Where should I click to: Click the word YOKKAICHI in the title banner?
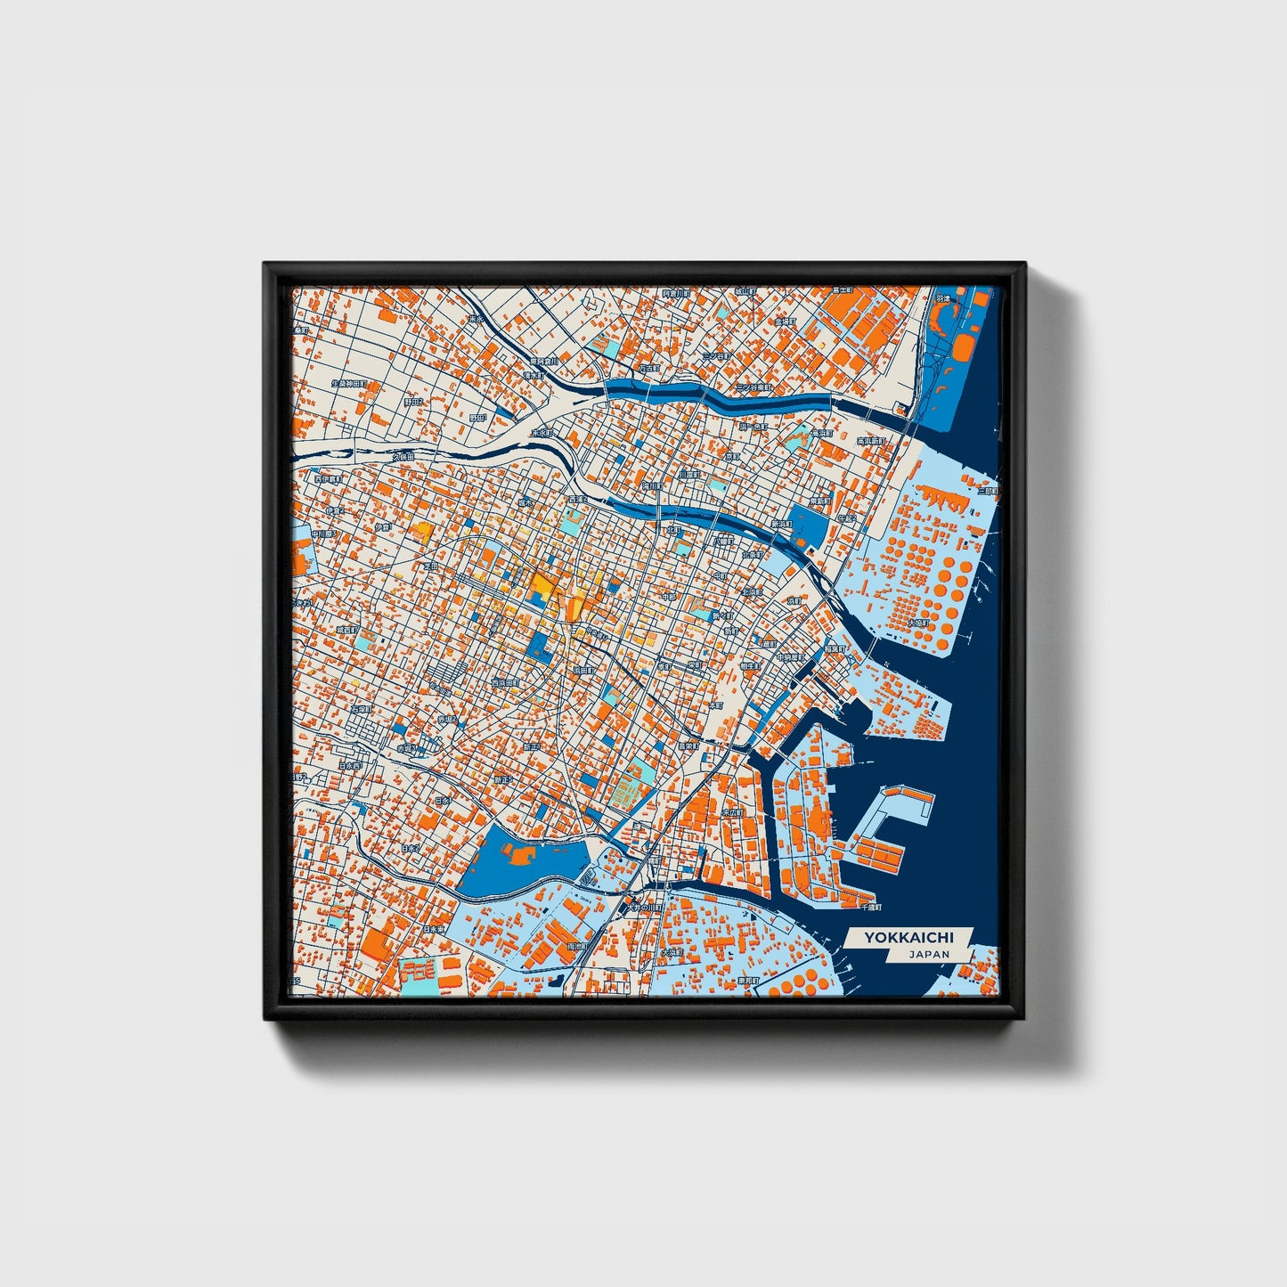[908, 937]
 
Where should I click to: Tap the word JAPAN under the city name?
[929, 954]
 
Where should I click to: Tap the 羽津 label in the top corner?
[942, 298]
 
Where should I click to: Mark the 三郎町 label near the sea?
[986, 491]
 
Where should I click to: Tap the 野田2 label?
[415, 402]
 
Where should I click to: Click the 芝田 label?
[431, 565]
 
